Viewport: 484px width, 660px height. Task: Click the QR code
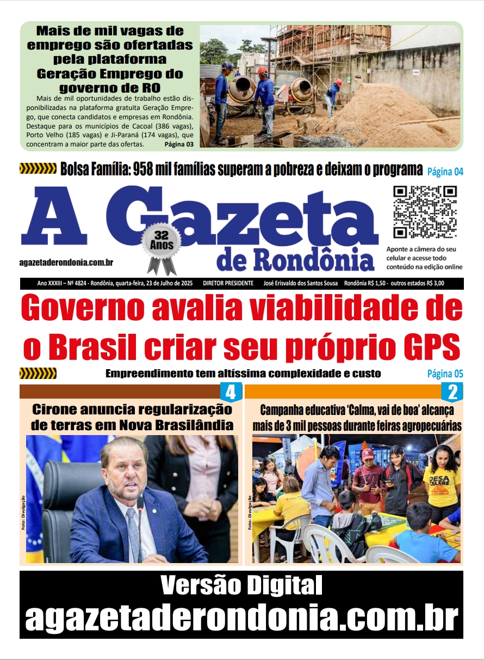tap(425, 212)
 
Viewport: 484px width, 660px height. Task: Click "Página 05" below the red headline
tap(445, 374)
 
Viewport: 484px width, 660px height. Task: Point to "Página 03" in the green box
tap(178, 144)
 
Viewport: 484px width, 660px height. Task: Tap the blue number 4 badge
tap(231, 392)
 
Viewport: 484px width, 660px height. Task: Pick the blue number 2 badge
tap(452, 392)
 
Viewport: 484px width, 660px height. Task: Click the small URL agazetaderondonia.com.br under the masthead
tap(66, 262)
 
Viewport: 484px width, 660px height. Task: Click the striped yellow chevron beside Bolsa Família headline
tap(38, 169)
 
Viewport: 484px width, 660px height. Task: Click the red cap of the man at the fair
tap(368, 453)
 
